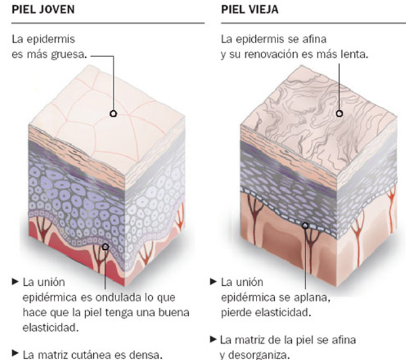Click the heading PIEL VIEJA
click(251, 9)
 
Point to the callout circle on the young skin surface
click(113, 113)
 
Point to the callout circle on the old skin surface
click(339, 113)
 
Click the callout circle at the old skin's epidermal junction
click(304, 226)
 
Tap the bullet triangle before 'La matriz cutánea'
click(15, 354)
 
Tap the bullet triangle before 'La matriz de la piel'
click(213, 339)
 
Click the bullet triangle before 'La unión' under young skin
click(15, 281)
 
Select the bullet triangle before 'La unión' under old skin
click(213, 281)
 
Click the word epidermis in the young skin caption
click(49, 39)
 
